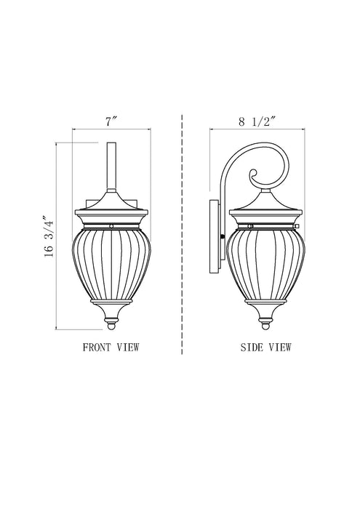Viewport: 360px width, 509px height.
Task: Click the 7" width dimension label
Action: [111, 121]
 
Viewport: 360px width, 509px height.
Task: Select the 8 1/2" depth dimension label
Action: [255, 121]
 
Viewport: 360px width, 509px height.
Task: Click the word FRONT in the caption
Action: [100, 348]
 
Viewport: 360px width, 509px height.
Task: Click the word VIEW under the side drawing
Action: [280, 348]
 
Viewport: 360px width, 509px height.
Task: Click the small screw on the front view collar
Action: [111, 226]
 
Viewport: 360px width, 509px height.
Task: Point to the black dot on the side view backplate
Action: [222, 237]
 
